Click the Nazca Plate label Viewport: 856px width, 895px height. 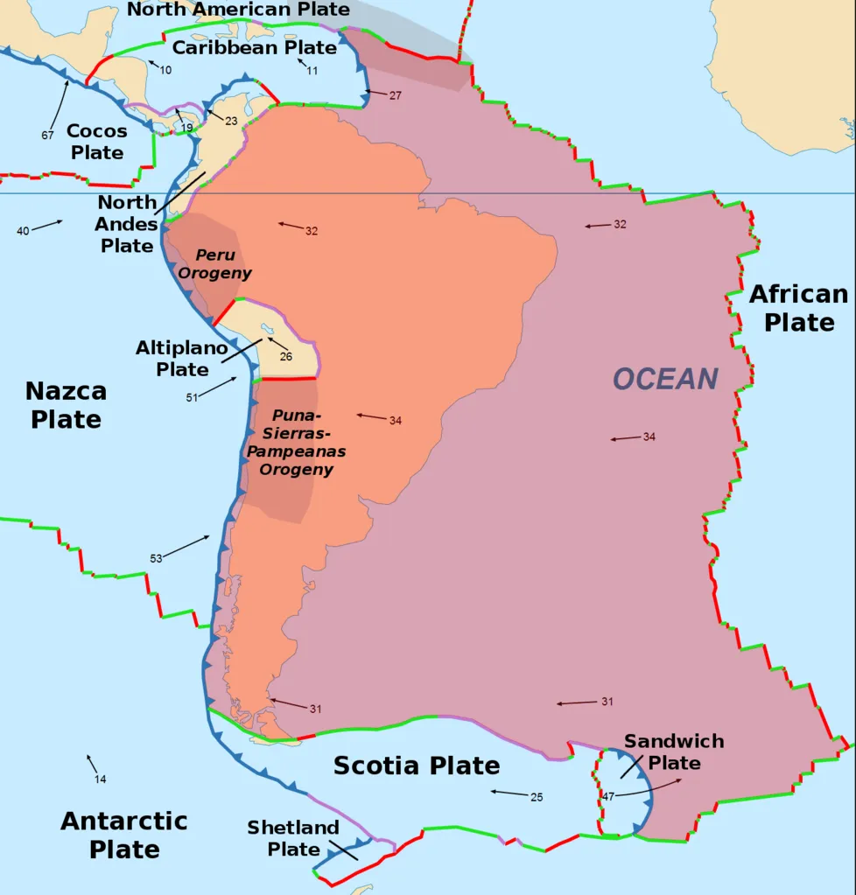(66, 404)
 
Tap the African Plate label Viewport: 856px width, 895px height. (798, 308)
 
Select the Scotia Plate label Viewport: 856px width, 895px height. (417, 766)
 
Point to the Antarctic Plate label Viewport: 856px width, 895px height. (123, 835)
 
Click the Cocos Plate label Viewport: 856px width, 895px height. (96, 142)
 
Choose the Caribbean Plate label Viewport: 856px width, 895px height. (254, 47)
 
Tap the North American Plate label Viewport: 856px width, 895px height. (238, 10)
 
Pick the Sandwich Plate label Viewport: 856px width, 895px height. (674, 752)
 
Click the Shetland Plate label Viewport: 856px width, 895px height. (293, 837)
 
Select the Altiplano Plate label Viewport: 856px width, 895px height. (182, 359)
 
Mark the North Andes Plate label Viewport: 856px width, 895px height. (127, 224)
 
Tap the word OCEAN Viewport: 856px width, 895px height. (665, 379)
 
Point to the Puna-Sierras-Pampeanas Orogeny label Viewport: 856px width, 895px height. (296, 442)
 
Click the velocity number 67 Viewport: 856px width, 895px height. (47, 135)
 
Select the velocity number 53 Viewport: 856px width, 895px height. (156, 557)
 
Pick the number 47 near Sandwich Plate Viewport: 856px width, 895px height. (607, 795)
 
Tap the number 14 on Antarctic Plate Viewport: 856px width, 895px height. (100, 779)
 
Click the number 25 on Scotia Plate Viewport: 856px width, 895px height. (537, 797)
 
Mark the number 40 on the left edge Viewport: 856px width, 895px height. (23, 230)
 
